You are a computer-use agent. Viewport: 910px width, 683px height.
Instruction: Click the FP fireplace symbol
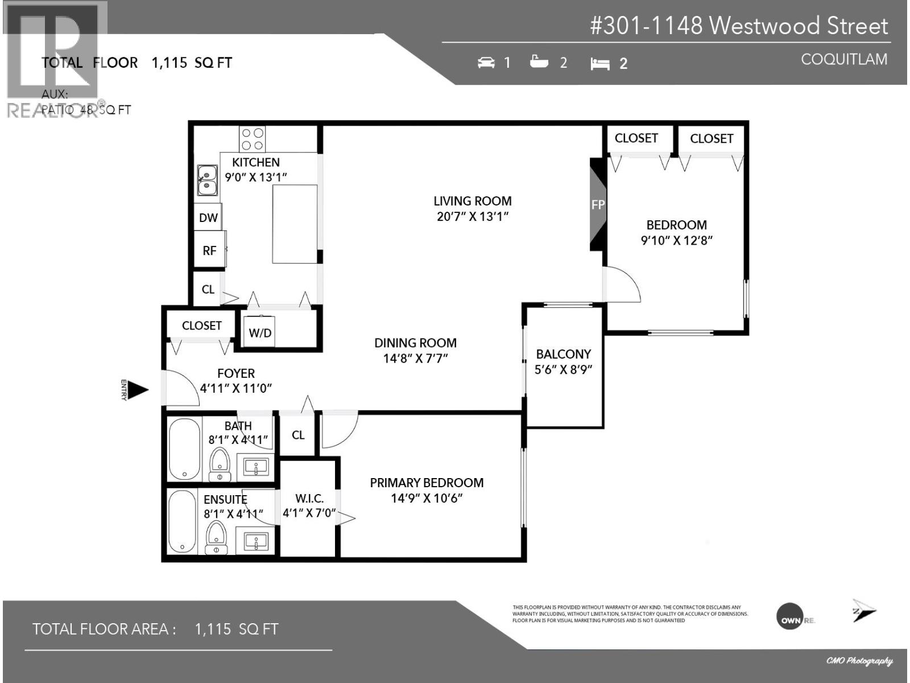pyautogui.click(x=598, y=204)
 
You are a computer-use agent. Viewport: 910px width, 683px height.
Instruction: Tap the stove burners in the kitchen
pyautogui.click(x=252, y=139)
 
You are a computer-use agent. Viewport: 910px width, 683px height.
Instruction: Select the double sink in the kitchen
pyautogui.click(x=207, y=179)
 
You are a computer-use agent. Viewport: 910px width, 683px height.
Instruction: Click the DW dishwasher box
pyautogui.click(x=208, y=217)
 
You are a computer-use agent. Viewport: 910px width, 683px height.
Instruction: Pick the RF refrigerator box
pyautogui.click(x=209, y=250)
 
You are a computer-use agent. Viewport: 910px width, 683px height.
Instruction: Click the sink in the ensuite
pyautogui.click(x=256, y=540)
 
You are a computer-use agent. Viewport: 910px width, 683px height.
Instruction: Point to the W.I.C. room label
pyautogui.click(x=309, y=499)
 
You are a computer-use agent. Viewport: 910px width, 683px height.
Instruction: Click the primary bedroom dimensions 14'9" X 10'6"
pyautogui.click(x=427, y=499)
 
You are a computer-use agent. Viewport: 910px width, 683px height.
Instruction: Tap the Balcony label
pyautogui.click(x=563, y=354)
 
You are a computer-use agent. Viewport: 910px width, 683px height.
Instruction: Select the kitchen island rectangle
pyautogui.click(x=294, y=224)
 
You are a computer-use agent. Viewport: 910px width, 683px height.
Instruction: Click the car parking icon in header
pyautogui.click(x=486, y=63)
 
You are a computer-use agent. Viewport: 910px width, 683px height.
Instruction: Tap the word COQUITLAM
pyautogui.click(x=843, y=59)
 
